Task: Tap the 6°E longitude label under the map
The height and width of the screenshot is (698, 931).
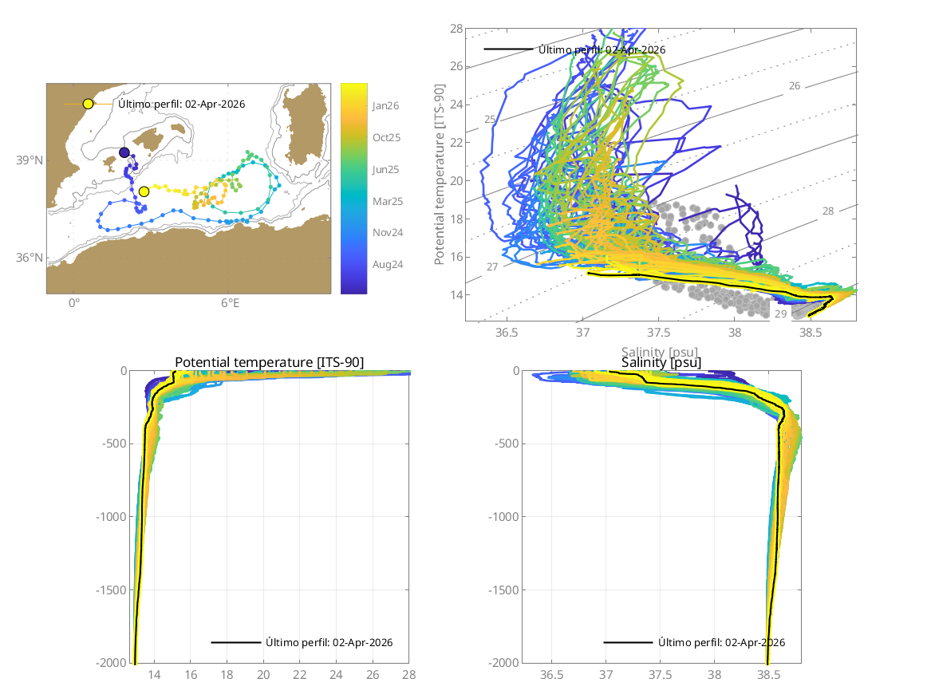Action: pos(230,303)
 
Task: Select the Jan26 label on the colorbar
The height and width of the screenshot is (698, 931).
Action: pos(386,105)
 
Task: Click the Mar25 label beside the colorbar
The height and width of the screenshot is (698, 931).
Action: pos(387,202)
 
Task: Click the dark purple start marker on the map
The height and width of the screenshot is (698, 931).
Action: pos(124,152)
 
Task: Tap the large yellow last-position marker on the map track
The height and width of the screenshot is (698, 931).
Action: pos(144,191)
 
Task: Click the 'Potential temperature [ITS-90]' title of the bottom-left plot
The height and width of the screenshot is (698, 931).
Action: pos(269,363)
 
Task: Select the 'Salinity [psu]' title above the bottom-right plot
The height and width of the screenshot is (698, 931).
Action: pos(661,363)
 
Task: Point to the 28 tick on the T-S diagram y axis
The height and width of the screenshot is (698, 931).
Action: pos(456,29)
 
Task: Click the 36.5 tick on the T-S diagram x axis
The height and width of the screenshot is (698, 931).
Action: pos(507,332)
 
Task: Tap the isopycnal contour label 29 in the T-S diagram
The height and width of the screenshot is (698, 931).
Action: pos(779,314)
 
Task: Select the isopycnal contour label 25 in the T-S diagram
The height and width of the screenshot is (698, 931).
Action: pos(491,120)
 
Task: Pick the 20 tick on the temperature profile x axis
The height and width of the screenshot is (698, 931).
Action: pos(263,675)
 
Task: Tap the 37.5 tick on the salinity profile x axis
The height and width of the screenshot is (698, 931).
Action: pos(661,675)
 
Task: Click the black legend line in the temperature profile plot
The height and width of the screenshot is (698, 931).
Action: pos(236,642)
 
